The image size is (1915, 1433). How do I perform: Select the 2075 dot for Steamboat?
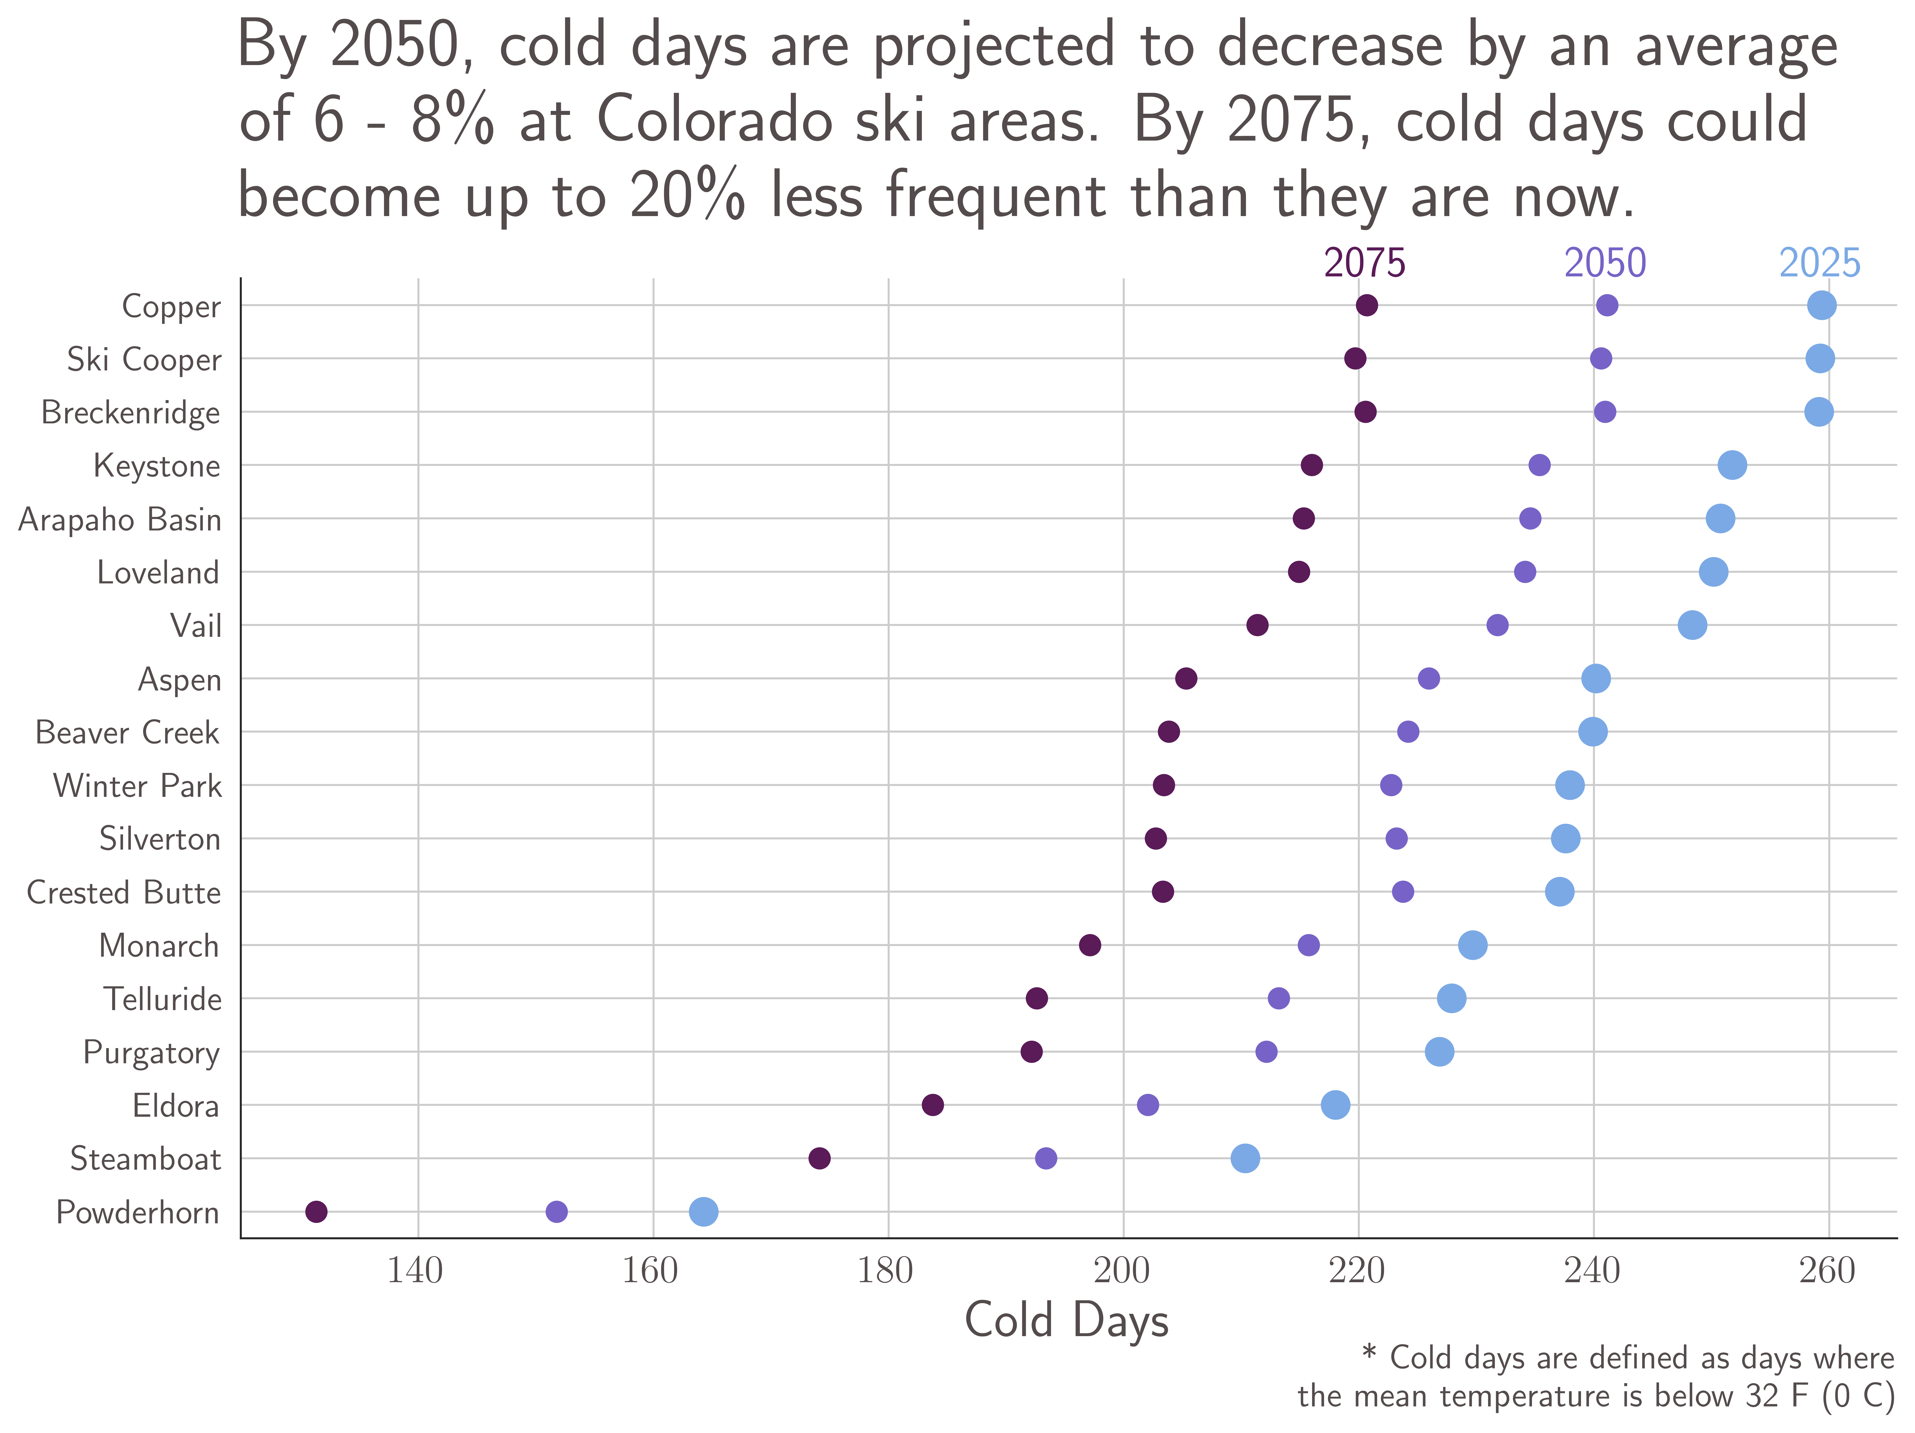819,1159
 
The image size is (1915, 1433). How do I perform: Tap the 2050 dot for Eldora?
1147,1105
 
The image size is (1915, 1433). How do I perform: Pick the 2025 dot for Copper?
1821,305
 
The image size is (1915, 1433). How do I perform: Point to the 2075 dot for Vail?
1257,625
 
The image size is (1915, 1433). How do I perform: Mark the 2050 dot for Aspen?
1428,679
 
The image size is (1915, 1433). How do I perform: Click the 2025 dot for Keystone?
1731,465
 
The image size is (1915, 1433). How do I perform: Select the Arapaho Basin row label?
119,520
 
